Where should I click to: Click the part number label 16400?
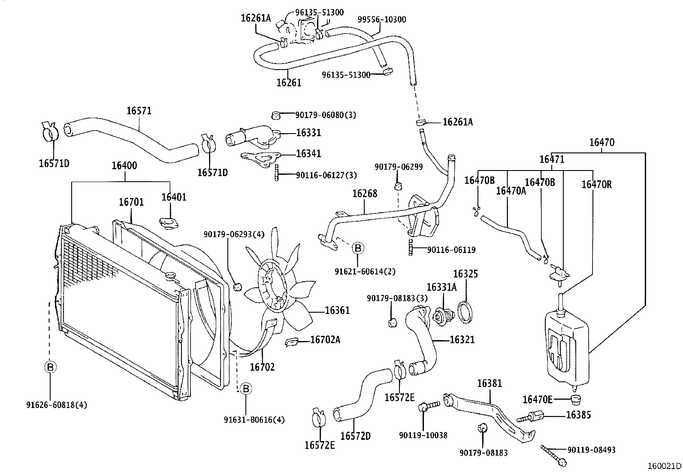click(124, 165)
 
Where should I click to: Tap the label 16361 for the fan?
click(337, 310)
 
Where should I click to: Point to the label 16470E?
click(537, 399)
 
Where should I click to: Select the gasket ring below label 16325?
click(465, 312)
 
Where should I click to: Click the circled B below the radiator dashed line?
click(50, 367)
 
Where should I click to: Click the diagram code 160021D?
click(664, 466)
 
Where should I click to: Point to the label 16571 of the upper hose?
click(139, 111)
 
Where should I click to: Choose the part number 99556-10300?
click(382, 19)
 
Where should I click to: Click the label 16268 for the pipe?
click(365, 194)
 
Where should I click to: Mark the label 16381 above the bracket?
click(489, 383)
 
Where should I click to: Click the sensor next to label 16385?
click(532, 416)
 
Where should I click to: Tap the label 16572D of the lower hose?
click(355, 436)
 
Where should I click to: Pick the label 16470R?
click(596, 185)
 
